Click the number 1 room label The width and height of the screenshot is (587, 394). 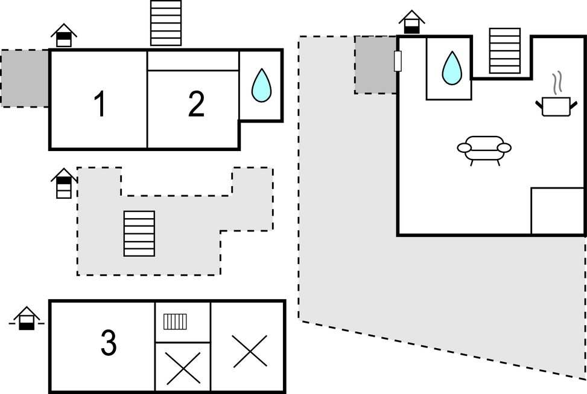[100, 104]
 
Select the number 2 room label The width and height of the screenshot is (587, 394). [196, 104]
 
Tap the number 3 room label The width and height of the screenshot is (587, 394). [108, 343]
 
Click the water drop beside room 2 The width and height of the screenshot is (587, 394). [261, 85]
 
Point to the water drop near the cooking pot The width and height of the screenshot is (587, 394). [451, 68]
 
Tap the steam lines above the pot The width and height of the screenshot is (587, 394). [559, 82]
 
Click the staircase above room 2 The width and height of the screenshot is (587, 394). [166, 23]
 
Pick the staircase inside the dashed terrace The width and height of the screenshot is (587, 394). [139, 233]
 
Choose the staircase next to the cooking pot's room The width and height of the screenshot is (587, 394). [504, 51]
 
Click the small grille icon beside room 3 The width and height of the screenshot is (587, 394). [176, 321]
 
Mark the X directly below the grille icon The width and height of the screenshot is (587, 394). [183, 368]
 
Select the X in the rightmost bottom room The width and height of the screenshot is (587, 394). [250, 351]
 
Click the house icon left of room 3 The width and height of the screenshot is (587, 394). [27, 318]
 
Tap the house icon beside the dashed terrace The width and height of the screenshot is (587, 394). [64, 183]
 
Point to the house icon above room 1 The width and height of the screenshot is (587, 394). [64, 34]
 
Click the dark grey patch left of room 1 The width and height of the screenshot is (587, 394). [25, 79]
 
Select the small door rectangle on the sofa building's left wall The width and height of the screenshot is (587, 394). [398, 61]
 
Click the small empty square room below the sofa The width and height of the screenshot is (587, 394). [557, 211]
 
